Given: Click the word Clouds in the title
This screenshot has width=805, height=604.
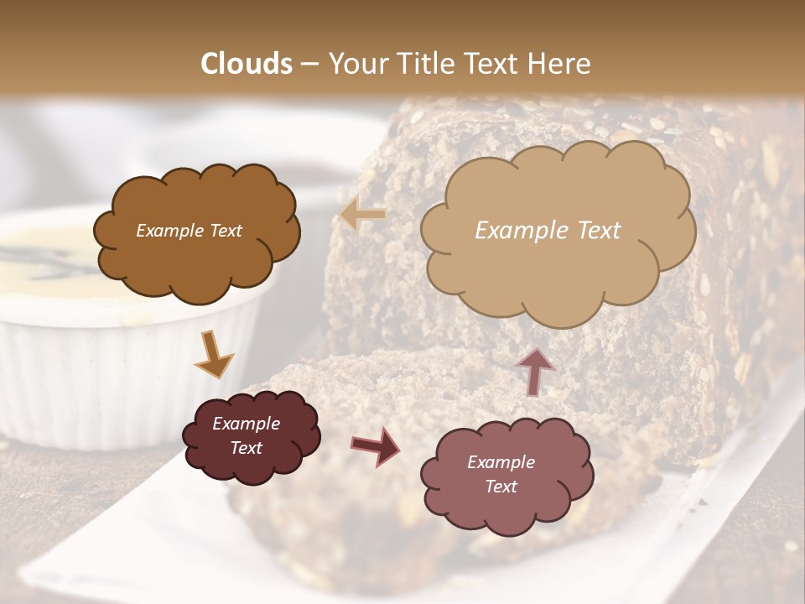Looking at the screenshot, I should (247, 64).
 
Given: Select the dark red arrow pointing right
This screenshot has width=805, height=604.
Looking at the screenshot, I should (375, 445).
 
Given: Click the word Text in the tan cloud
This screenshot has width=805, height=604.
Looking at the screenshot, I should (596, 231).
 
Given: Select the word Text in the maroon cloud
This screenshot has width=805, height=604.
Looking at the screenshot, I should (247, 448).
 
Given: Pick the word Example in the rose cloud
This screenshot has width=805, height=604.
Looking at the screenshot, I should (501, 462).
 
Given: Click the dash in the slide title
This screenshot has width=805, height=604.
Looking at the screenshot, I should (309, 65).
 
